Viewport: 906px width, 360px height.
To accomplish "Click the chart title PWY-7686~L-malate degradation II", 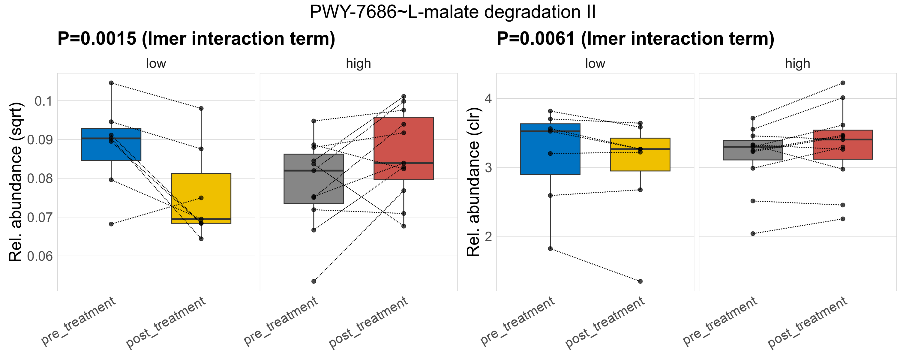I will point(453,12).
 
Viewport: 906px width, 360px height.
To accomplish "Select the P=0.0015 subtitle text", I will point(196,39).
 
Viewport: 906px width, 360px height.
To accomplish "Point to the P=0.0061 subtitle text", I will point(635,39).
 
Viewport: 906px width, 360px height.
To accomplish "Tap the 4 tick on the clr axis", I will point(488,98).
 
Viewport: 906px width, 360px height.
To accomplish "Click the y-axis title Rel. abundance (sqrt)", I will point(16,182).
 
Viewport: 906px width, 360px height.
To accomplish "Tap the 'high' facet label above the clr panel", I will point(797,64).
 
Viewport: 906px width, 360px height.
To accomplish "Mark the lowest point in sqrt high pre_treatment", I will point(314,281).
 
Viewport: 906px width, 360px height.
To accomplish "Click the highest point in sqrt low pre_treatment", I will point(111,83).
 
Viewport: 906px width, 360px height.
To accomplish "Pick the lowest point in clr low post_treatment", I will point(640,281).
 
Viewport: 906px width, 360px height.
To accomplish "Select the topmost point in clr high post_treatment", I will point(843,83).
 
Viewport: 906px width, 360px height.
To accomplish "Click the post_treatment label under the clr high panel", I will point(808,323).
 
